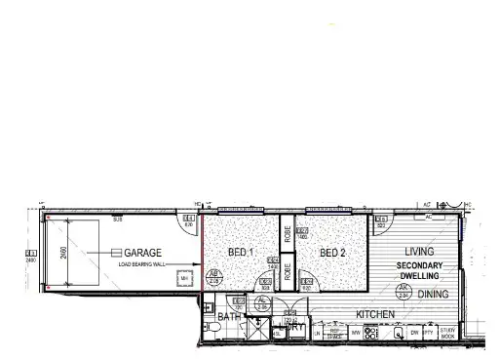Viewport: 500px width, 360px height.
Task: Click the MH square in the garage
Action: point(184,280)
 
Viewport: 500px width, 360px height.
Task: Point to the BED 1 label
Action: point(241,253)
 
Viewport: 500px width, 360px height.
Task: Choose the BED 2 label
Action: point(332,253)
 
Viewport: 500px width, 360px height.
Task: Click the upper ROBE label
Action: point(288,235)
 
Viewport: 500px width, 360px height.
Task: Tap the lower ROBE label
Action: point(288,273)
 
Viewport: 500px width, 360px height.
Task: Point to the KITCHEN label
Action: point(374,314)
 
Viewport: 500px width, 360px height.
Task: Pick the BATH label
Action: point(229,317)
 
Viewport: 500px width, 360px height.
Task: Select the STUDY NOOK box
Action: point(447,334)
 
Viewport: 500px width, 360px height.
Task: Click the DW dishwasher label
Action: point(415,334)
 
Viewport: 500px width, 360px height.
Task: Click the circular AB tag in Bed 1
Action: point(214,276)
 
